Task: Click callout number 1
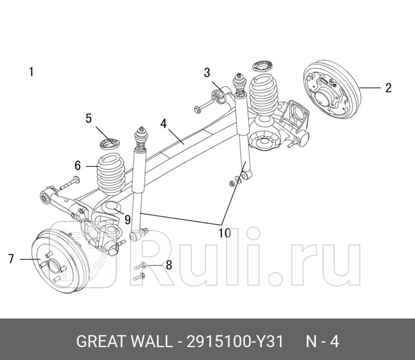tap(31, 71)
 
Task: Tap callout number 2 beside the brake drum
tap(388, 88)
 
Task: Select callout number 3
tap(207, 73)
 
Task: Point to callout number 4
tap(163, 124)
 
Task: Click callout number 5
tap(89, 118)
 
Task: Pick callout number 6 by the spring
tap(77, 165)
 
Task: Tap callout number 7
tap(11, 259)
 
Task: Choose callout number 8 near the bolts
tap(169, 265)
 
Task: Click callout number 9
tap(127, 220)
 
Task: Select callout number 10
tap(225, 233)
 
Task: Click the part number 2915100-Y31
tap(234, 342)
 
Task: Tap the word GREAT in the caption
tap(101, 342)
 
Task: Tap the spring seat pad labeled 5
tap(110, 144)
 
